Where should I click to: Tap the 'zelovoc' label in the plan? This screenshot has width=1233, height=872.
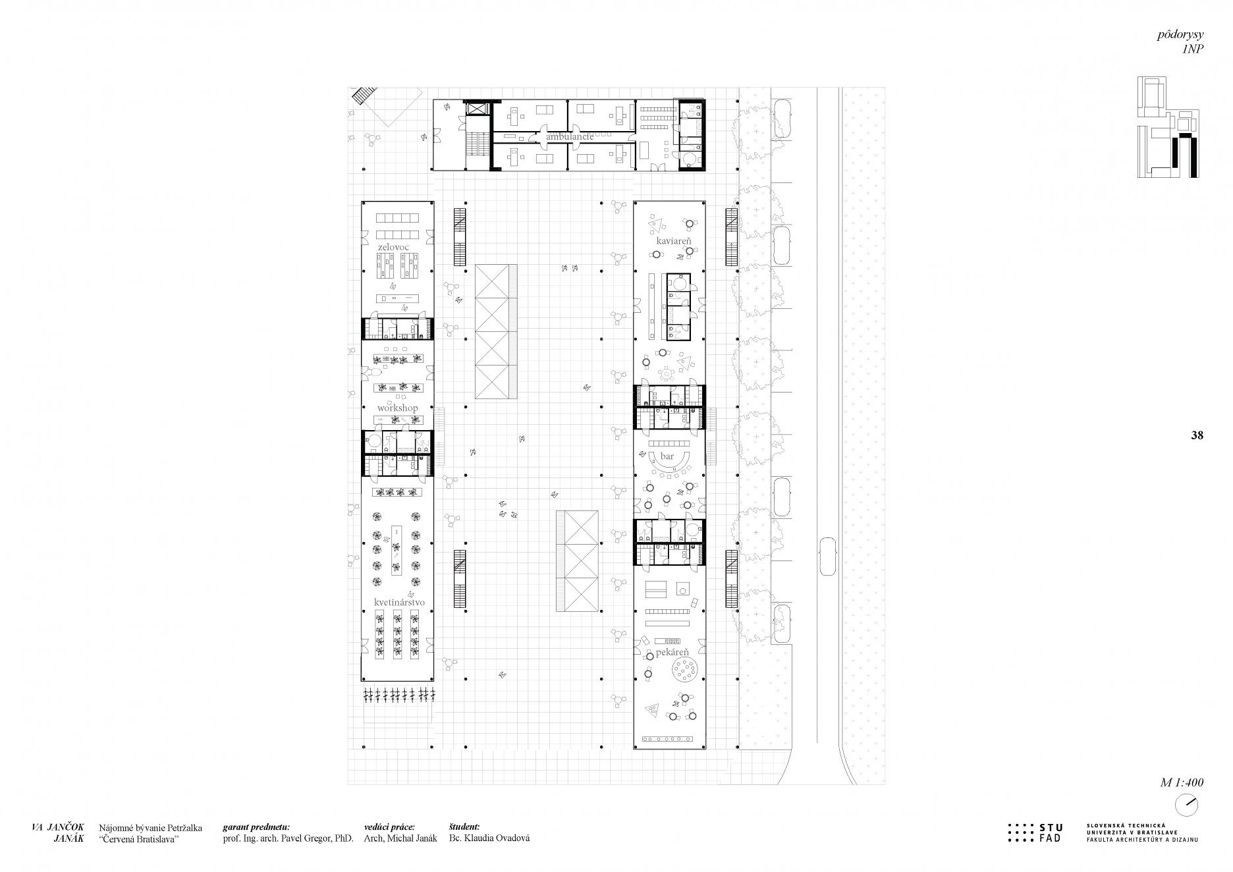coord(393,247)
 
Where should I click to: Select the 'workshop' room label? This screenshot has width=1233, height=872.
coord(397,408)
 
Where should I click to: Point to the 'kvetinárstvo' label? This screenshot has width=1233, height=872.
coord(399,602)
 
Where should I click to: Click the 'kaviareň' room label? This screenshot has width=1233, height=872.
coord(673,241)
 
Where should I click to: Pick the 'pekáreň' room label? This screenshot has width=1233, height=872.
coord(672,651)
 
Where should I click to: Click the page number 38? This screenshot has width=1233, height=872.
coord(1197,435)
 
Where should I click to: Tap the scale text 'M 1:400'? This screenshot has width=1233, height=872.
coord(1182,783)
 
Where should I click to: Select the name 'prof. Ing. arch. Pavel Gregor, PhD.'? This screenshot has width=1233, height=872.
coord(288,838)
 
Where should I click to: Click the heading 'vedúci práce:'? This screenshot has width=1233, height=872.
coord(389,827)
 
